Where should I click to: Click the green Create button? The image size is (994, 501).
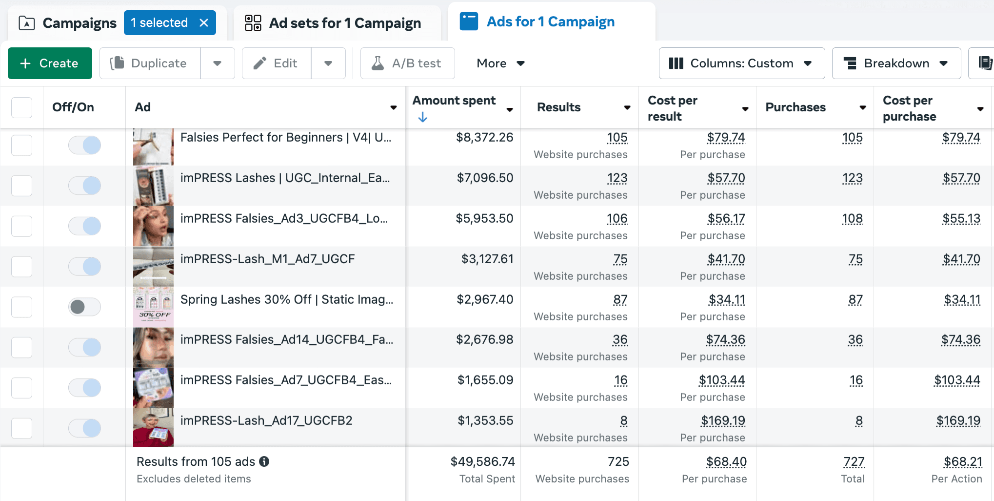[x=50, y=63]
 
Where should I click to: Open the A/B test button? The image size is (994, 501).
[x=407, y=63]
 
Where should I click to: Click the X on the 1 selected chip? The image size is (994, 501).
[x=204, y=22]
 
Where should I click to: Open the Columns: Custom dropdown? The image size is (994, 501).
[x=741, y=63]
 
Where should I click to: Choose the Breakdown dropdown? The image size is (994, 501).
[x=896, y=63]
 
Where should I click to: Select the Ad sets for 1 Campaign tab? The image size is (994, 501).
[x=334, y=23]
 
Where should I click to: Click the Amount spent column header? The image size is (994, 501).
[x=454, y=101]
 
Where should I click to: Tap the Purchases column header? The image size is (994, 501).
[x=795, y=107]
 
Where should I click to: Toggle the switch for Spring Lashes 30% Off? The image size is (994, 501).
[x=84, y=307]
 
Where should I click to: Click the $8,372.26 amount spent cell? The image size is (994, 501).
[x=484, y=138]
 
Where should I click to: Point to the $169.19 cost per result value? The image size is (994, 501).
[x=723, y=421]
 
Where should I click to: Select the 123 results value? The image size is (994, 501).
[x=617, y=178]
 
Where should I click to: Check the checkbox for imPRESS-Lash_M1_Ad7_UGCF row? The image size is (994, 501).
[x=22, y=267]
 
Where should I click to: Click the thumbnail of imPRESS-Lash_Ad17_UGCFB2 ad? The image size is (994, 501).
[x=153, y=427]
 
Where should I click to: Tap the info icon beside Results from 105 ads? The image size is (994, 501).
[x=264, y=461]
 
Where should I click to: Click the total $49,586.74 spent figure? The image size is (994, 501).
[x=482, y=461]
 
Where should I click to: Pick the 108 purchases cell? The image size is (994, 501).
[x=852, y=219]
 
